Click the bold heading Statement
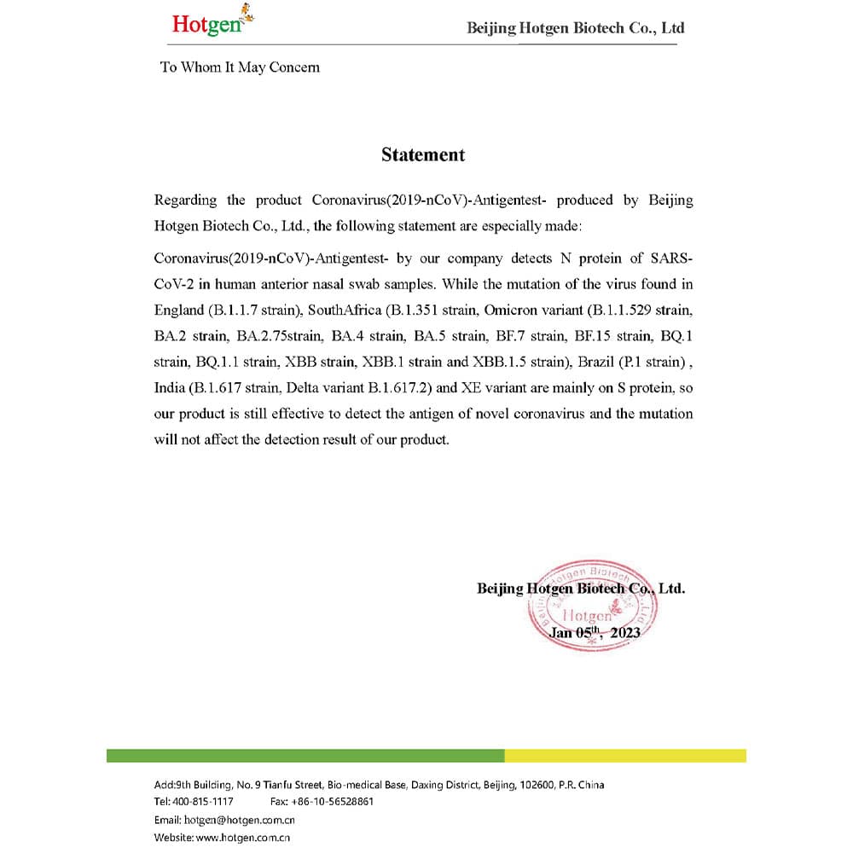[x=423, y=154]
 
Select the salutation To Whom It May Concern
[x=240, y=67]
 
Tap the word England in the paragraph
[x=178, y=308]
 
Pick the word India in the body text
[x=169, y=388]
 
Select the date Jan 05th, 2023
[x=594, y=632]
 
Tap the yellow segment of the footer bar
[x=625, y=756]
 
